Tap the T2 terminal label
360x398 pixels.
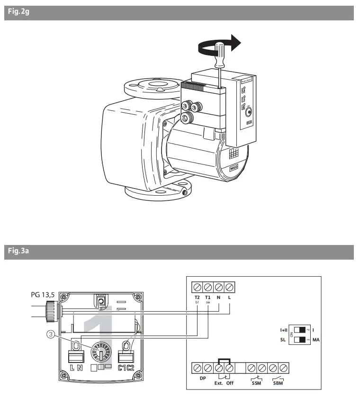tap(197, 297)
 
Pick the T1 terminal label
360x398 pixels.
tap(207, 297)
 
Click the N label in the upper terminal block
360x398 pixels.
tap(218, 297)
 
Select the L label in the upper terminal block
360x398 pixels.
tap(230, 297)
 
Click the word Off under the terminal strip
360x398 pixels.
tap(230, 382)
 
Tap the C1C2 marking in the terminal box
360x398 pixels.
tap(127, 367)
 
